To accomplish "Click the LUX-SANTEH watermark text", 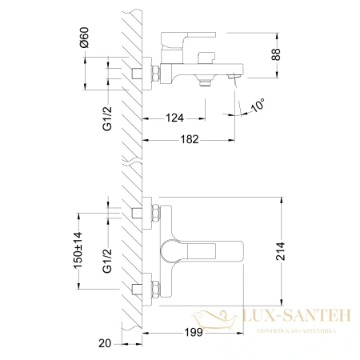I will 299,317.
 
